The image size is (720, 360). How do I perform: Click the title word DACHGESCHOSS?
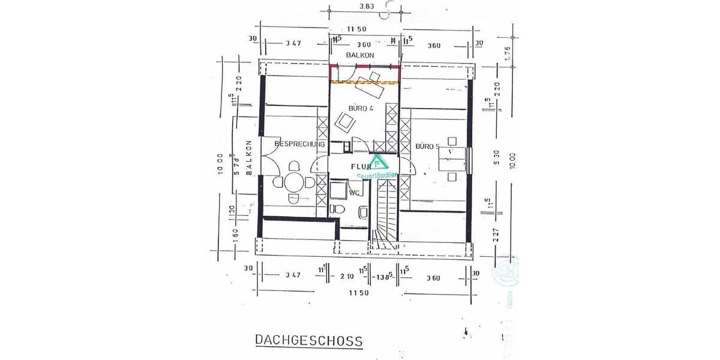coord(309,340)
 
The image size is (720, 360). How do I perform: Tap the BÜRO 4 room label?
coord(361,109)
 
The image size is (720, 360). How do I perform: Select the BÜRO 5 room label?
coord(428,146)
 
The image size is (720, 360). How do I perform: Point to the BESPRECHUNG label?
coord(299,145)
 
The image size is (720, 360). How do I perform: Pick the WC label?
coord(355,193)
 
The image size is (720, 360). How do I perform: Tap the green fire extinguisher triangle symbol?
coord(377,163)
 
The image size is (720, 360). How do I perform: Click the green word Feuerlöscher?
coord(375,176)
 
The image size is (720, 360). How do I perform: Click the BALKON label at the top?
coord(360,55)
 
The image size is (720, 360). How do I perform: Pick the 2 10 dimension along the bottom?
coord(346,277)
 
